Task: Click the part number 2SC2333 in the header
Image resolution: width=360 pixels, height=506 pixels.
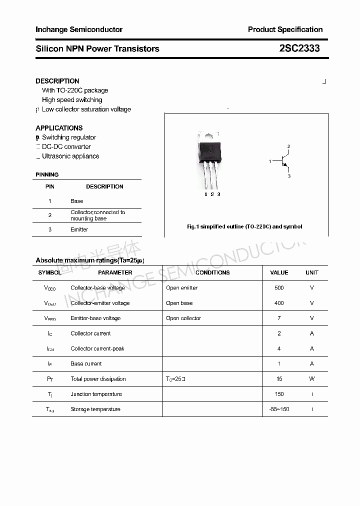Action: (x=299, y=48)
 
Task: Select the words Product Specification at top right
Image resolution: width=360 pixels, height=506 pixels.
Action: (x=285, y=29)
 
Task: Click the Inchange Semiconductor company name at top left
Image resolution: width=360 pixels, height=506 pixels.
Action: (x=79, y=29)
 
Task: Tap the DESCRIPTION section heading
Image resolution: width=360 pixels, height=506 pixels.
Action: (x=57, y=81)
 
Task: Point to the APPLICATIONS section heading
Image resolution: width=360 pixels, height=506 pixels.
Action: (x=59, y=128)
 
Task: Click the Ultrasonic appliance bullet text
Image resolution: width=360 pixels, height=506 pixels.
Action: (x=70, y=156)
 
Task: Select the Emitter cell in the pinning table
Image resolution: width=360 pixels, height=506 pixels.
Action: (x=79, y=229)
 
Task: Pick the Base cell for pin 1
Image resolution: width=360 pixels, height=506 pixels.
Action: (x=77, y=201)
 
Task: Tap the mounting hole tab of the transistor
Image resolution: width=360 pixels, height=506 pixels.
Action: (x=208, y=135)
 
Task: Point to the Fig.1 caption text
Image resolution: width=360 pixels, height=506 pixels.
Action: (x=244, y=226)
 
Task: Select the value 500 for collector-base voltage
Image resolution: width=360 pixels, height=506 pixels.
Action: (x=279, y=288)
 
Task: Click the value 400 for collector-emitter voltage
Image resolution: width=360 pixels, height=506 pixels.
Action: (x=279, y=303)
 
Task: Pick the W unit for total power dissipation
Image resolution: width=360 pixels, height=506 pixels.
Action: (x=311, y=379)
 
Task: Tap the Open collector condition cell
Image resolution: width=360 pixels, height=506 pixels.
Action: (x=183, y=318)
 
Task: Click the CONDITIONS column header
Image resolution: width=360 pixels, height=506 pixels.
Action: (x=212, y=272)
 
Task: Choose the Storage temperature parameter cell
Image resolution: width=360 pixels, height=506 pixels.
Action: (x=95, y=409)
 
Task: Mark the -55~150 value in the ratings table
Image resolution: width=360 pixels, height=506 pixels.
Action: (x=279, y=409)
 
